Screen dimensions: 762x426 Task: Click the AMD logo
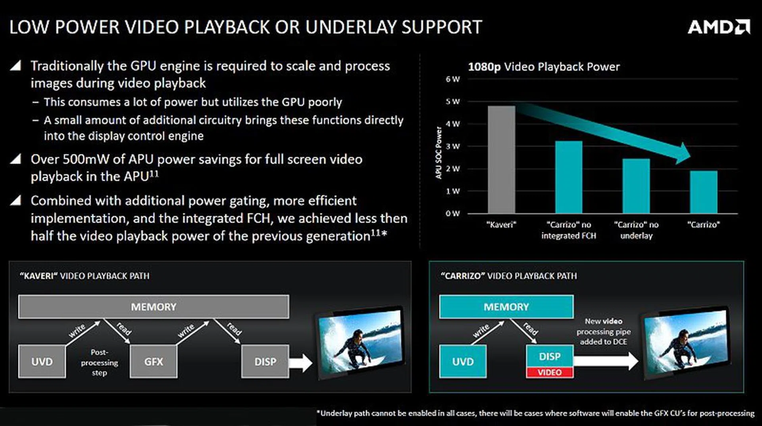(719, 27)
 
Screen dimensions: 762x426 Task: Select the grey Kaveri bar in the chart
(502, 159)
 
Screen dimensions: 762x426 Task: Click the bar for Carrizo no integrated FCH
(569, 177)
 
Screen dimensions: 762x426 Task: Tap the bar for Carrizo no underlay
(636, 186)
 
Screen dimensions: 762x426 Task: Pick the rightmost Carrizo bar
(704, 192)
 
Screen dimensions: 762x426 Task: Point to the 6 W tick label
(453, 79)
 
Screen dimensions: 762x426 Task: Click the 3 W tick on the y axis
(453, 146)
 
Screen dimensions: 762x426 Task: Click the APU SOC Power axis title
(439, 153)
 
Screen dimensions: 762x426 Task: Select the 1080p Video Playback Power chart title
(544, 67)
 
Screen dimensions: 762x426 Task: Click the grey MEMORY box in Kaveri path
(154, 307)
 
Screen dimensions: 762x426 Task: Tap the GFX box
(154, 361)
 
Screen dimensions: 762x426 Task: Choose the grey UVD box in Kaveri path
(42, 361)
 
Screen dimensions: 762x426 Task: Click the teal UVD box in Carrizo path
(463, 361)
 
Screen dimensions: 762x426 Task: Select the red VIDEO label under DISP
(550, 373)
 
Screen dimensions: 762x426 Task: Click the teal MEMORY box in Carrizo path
(506, 307)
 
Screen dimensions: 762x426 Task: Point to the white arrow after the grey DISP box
(300, 362)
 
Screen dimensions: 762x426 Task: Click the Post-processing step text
(99, 362)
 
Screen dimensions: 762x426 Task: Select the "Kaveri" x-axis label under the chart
(502, 225)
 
